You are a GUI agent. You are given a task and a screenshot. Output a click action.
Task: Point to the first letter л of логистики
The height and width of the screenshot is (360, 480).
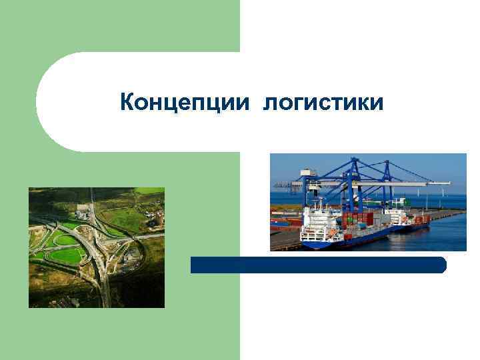click(269, 105)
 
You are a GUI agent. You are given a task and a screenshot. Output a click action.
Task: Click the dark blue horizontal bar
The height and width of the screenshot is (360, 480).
click(318, 265)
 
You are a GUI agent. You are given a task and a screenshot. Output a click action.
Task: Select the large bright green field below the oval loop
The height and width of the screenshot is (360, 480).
click(66, 255)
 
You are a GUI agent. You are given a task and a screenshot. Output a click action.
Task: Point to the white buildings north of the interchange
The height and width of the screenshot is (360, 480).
click(83, 209)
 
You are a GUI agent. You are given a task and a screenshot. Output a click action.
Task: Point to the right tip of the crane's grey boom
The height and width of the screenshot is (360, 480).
click(447, 183)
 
